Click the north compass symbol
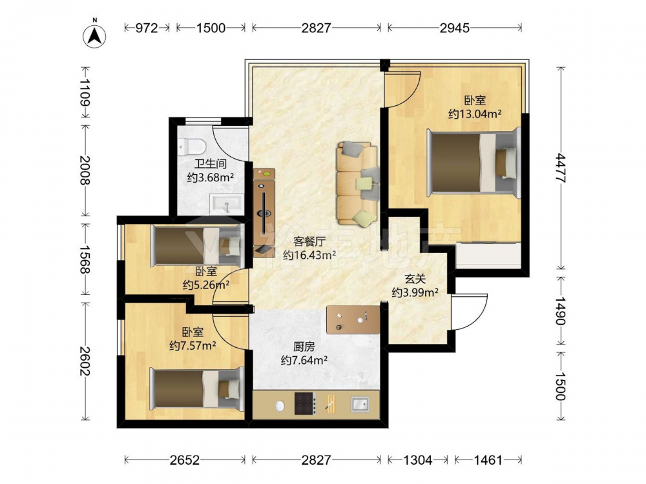tap(94, 35)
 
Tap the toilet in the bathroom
tap(192, 146)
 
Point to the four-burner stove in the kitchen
tap(306, 403)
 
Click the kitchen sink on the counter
tap(360, 404)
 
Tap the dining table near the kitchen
tap(353, 319)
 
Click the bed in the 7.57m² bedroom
tap(196, 388)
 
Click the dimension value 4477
tap(560, 168)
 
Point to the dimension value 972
tap(147, 28)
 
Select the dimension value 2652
tap(185, 459)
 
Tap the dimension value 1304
tap(418, 459)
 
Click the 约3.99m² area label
tap(415, 292)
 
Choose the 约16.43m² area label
tap(309, 255)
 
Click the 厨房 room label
tap(304, 347)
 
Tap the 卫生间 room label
tap(211, 164)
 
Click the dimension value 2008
tap(85, 170)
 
